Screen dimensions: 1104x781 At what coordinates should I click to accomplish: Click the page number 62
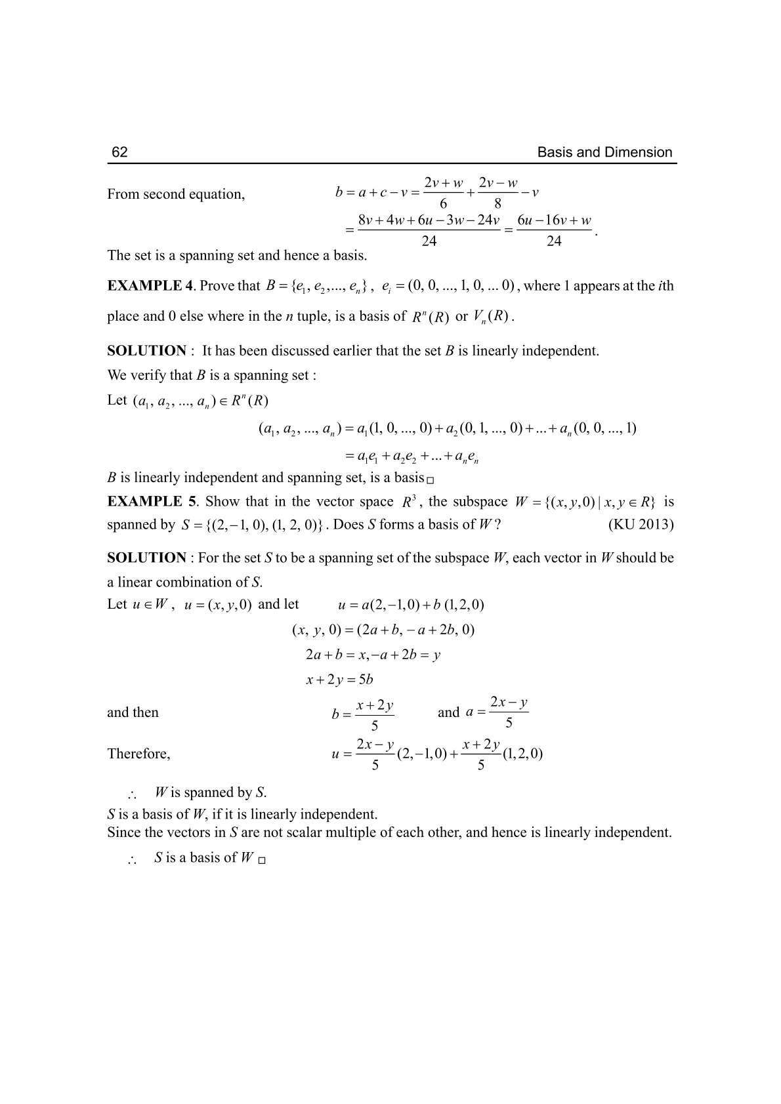[119, 153]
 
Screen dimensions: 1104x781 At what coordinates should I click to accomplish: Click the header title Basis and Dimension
[604, 153]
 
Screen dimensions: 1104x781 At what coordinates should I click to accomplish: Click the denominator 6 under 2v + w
[444, 204]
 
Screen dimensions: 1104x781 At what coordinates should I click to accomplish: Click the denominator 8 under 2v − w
[498, 204]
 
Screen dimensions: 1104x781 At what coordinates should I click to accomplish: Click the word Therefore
[138, 754]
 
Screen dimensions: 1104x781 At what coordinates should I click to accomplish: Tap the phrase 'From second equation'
[176, 194]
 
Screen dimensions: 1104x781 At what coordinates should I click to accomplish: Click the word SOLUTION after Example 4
[146, 351]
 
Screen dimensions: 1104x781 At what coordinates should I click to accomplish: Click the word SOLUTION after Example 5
[146, 558]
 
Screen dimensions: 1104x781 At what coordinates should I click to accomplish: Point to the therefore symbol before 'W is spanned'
[132, 794]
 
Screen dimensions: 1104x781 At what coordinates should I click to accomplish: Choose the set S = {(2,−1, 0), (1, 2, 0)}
[250, 525]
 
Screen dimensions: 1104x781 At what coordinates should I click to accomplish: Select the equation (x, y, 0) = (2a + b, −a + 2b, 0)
[383, 630]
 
